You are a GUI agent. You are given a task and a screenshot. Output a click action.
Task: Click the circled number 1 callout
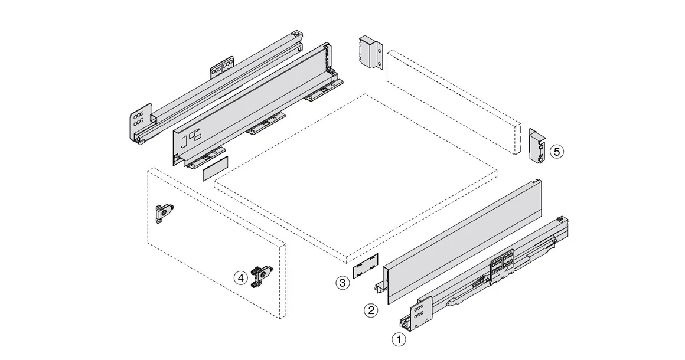pos(399,340)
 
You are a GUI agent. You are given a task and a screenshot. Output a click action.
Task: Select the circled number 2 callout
pos(370,310)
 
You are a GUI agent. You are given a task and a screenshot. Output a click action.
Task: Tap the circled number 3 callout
pos(342,283)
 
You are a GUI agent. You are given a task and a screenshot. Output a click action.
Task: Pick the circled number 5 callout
pos(556,152)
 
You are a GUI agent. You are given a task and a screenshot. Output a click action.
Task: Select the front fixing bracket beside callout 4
pos(260,276)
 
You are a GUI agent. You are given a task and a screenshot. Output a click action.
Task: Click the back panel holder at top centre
pos(370,53)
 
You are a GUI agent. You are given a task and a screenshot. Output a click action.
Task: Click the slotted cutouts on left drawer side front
pos(191,139)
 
